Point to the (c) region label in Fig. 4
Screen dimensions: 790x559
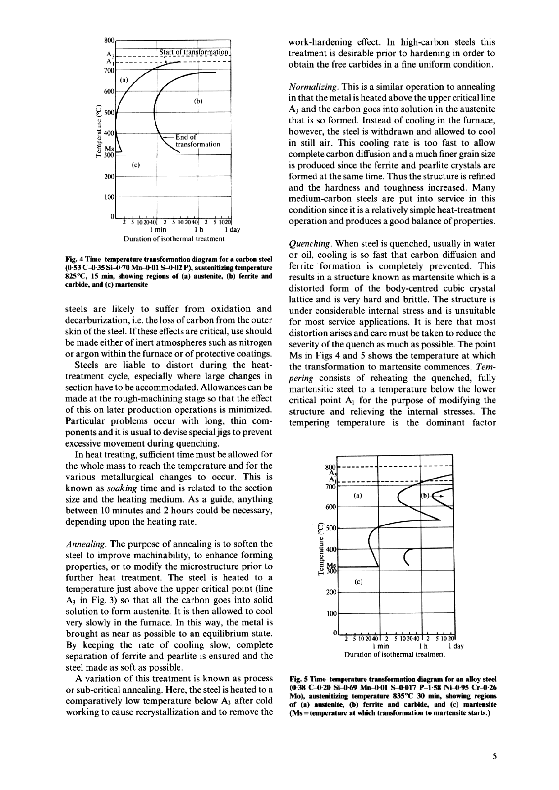click(x=136, y=165)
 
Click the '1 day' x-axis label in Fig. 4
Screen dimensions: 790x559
click(x=232, y=230)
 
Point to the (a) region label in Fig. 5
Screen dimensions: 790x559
click(x=358, y=496)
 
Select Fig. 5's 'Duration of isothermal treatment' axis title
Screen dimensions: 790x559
click(x=394, y=654)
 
